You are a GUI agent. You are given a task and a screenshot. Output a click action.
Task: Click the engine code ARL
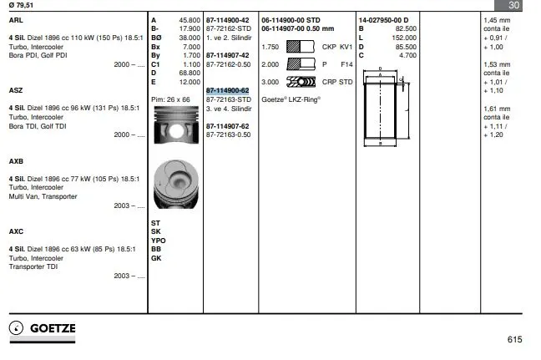(16, 20)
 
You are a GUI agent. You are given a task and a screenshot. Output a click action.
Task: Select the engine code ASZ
(16, 90)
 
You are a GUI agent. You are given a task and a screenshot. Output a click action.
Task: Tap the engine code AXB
(16, 161)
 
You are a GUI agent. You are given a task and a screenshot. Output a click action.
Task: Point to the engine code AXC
(16, 231)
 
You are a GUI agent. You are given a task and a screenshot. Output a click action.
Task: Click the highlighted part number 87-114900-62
(227, 90)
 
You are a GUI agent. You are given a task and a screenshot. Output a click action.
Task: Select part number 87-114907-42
(227, 55)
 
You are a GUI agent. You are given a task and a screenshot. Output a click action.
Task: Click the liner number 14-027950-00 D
(383, 20)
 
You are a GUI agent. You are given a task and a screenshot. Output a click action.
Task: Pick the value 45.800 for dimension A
(190, 20)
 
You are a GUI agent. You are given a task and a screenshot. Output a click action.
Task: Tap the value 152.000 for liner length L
(404, 38)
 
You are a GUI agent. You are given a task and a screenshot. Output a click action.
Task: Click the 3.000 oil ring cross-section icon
(301, 82)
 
